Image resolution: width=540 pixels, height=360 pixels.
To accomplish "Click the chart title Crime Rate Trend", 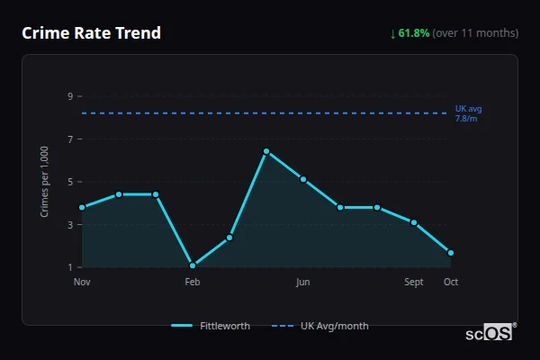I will point(92,33).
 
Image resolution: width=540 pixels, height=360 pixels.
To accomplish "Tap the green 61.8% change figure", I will point(414,33).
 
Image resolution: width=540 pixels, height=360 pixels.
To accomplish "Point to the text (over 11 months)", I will point(475,33).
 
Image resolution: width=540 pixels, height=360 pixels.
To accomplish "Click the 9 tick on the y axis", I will point(70,96).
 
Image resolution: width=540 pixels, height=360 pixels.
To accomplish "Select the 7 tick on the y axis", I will point(70,139).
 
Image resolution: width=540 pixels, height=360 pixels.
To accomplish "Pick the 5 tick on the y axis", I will point(70,182).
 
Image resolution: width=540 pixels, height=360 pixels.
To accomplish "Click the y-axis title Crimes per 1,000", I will point(45,182).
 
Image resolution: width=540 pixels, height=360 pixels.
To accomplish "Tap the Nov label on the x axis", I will point(82,282).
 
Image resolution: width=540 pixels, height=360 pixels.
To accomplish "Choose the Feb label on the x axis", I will point(193,282).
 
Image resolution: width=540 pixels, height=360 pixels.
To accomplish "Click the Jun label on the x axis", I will point(303,282).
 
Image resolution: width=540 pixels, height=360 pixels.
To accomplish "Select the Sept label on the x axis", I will point(414,282).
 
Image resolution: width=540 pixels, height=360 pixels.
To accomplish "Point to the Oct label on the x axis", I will point(451,282).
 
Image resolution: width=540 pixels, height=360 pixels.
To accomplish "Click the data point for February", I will point(193,265).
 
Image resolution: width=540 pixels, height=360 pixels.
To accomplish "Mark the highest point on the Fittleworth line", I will point(266,151).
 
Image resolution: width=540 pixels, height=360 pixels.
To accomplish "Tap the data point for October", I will point(451,253).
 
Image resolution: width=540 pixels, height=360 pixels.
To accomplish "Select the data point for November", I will point(82,208).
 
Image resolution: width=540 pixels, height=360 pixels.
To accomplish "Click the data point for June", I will point(303,179).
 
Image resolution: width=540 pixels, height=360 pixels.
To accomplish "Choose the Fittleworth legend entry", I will point(211,326).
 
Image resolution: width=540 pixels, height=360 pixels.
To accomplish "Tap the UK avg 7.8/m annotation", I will point(468,113).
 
